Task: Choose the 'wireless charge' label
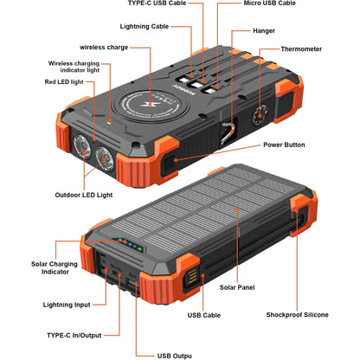pyautogui.click(x=104, y=47)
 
